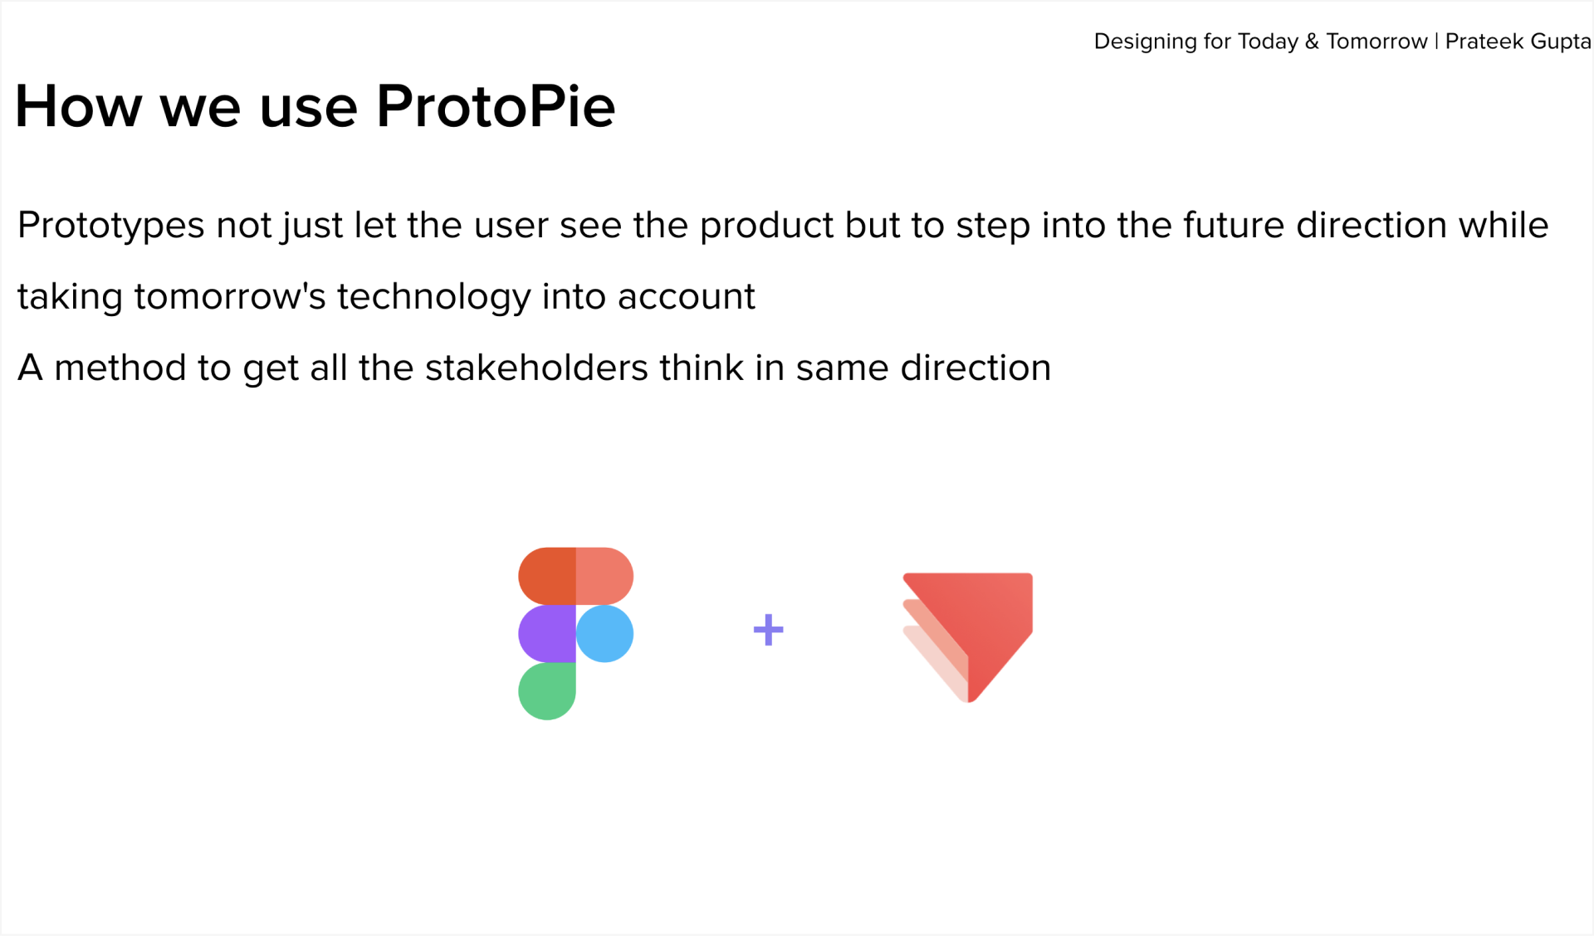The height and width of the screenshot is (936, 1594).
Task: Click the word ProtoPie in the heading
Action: pyautogui.click(x=496, y=107)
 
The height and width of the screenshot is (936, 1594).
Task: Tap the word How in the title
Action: pyautogui.click(x=78, y=106)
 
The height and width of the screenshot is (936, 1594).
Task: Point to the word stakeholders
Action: pyautogui.click(x=536, y=368)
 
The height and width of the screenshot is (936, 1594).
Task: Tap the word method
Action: pyautogui.click(x=120, y=368)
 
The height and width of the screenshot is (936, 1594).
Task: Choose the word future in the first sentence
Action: pyautogui.click(x=1234, y=225)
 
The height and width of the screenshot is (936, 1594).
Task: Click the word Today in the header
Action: pyautogui.click(x=1268, y=42)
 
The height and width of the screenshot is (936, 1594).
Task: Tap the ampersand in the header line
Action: pyautogui.click(x=1312, y=41)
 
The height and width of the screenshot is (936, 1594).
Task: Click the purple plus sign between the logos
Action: pyautogui.click(x=768, y=630)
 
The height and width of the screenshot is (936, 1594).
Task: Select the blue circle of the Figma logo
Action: pyautogui.click(x=604, y=634)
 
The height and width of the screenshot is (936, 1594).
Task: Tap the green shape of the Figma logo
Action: pyautogui.click(x=547, y=690)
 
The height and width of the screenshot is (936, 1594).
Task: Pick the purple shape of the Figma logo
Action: pyautogui.click(x=547, y=634)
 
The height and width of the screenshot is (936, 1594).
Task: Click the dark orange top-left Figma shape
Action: pyautogui.click(x=547, y=576)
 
